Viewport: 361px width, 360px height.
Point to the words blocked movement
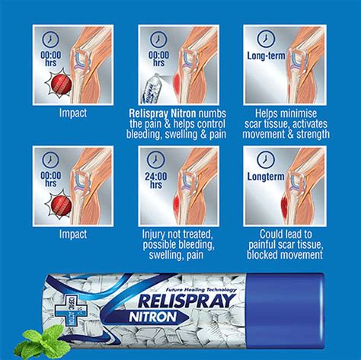click(x=286, y=260)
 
